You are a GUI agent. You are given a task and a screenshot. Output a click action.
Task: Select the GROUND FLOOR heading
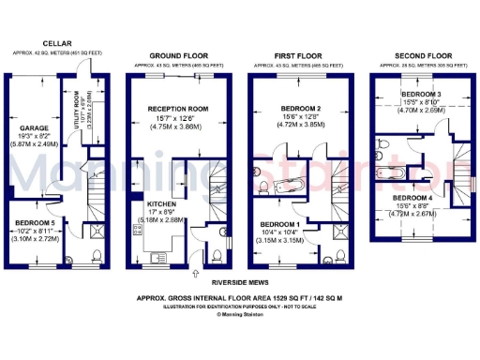[x=178, y=56]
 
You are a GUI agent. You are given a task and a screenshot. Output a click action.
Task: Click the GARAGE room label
[x=35, y=127]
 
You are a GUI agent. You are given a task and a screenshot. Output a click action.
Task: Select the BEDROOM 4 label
[x=413, y=199]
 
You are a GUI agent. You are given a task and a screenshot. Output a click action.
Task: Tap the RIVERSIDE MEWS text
[x=240, y=279]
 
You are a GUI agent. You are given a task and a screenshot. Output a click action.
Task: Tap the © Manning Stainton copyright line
[x=240, y=315]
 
